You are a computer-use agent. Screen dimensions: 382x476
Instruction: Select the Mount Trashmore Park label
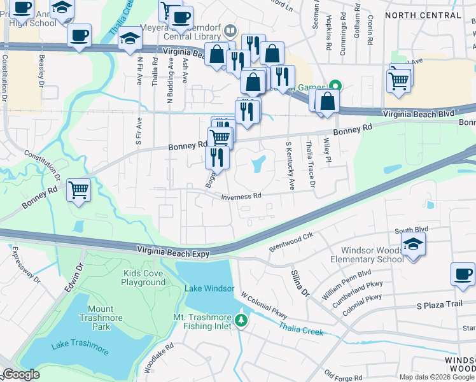click(x=92, y=316)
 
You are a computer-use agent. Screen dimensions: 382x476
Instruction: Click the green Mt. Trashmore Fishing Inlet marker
click(x=241, y=319)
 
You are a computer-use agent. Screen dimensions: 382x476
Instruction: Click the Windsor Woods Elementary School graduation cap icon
click(x=413, y=244)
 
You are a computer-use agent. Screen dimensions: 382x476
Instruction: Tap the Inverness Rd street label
click(x=241, y=197)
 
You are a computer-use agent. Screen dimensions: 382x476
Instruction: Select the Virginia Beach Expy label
click(x=174, y=253)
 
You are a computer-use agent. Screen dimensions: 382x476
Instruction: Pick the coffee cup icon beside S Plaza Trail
click(x=462, y=274)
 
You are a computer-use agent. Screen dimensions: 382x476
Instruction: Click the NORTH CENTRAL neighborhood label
click(x=423, y=15)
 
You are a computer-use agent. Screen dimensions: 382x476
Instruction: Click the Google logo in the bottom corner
click(x=21, y=374)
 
